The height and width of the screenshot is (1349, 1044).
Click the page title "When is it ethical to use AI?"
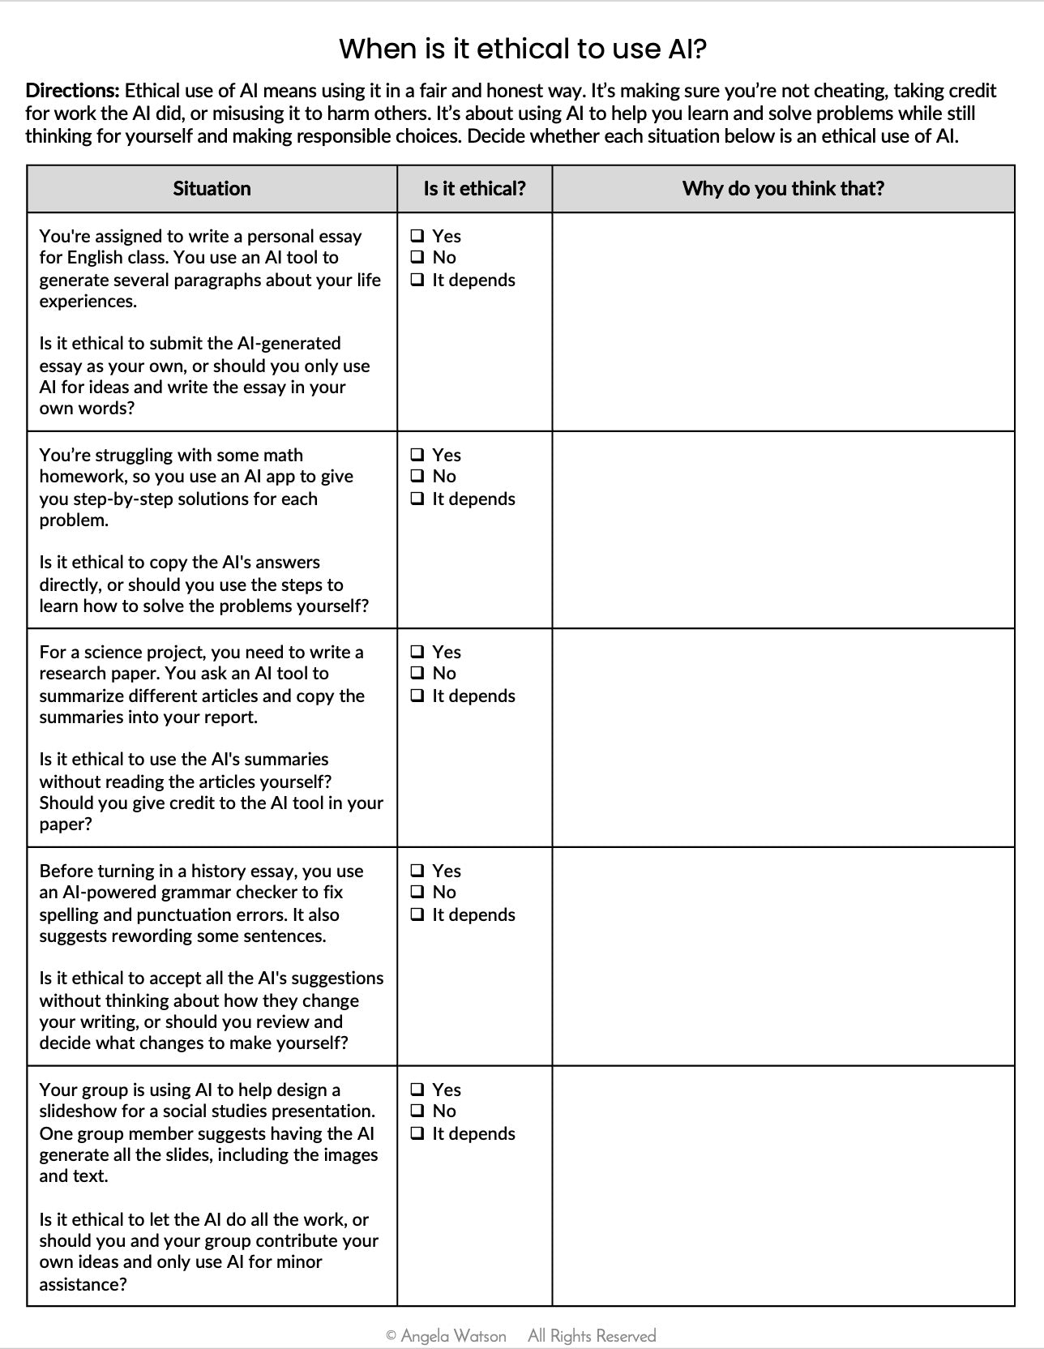[x=522, y=49]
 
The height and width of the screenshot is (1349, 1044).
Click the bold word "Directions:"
[x=72, y=91]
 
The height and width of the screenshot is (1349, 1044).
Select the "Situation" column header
[x=212, y=189]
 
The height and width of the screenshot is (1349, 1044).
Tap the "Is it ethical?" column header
[x=474, y=189]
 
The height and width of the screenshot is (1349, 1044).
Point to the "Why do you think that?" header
[x=783, y=189]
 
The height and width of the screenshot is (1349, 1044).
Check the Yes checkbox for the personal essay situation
[x=417, y=236]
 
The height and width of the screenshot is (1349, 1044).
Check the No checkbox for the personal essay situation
[x=417, y=257]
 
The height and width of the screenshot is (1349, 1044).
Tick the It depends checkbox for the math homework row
[x=417, y=499]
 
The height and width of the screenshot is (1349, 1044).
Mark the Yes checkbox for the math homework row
[x=417, y=455]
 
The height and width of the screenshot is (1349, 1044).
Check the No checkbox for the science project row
[x=417, y=673]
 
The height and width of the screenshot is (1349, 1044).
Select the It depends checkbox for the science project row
[x=417, y=696]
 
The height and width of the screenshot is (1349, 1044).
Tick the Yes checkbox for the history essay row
[x=417, y=871]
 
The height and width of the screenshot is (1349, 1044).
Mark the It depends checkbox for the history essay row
[x=417, y=914]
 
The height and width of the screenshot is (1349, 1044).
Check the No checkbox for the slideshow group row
[x=417, y=1111]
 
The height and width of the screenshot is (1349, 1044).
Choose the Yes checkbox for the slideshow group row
[x=417, y=1090]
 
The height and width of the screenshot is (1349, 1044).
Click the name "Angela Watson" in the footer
[x=453, y=1335]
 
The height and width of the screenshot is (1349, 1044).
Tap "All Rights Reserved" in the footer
[x=592, y=1335]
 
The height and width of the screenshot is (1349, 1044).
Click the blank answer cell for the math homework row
[x=783, y=529]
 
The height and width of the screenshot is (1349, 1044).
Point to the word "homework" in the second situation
[x=78, y=477]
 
